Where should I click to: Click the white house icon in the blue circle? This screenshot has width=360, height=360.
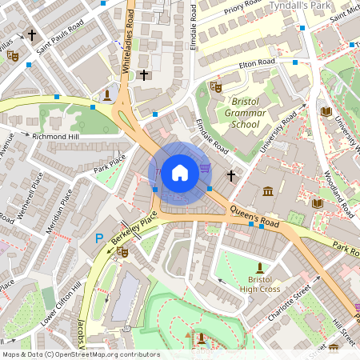180,172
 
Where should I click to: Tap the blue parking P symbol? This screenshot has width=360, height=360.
100,238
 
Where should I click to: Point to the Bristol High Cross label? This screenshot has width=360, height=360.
259,284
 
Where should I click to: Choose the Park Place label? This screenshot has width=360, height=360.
110,166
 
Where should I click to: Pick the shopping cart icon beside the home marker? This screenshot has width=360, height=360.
206,167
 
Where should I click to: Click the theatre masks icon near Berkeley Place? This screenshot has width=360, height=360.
122,251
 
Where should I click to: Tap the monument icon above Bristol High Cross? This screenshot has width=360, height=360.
259,267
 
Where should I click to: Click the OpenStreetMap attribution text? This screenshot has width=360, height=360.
81,354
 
